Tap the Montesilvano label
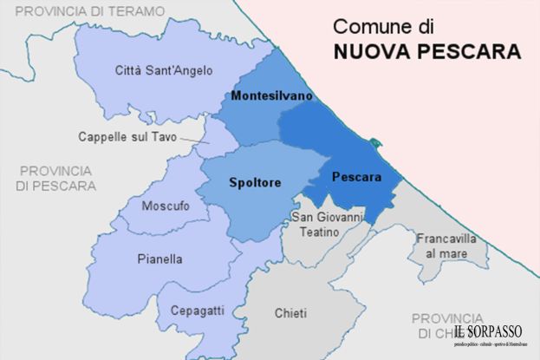[x=271, y=95]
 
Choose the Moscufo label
[x=165, y=206]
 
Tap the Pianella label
[x=159, y=259]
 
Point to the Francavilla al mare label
[x=440, y=245]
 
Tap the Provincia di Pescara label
[x=56, y=178]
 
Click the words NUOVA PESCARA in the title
[x=427, y=52]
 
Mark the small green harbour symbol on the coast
[x=374, y=142]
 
